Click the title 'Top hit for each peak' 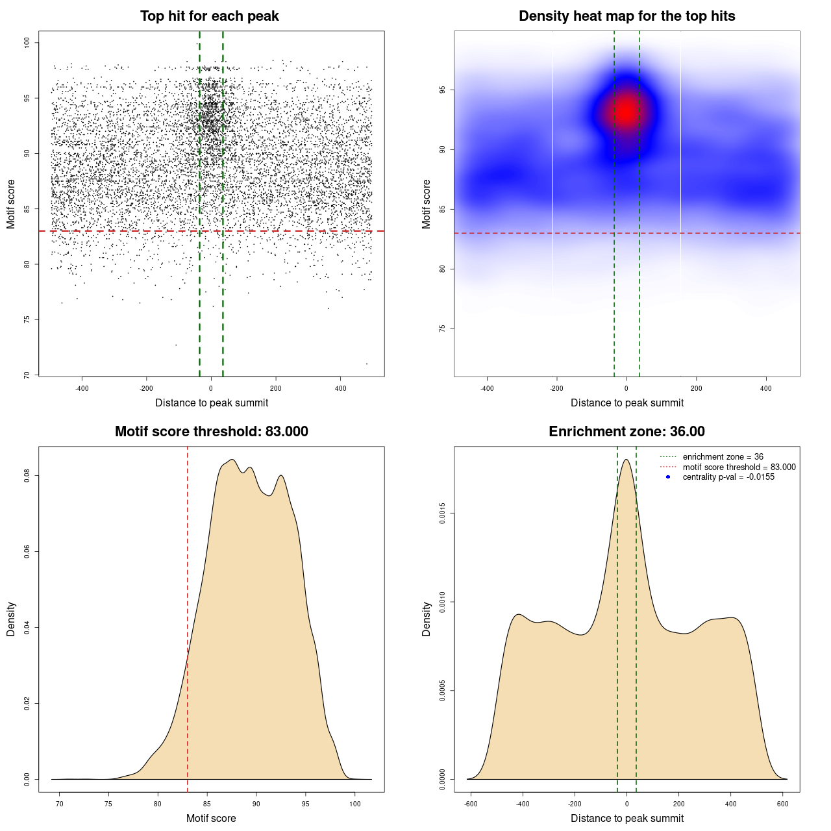point(209,16)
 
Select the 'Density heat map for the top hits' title point(626,16)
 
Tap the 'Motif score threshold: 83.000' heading point(211,432)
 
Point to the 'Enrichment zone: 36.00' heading point(626,432)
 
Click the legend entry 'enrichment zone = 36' point(723,457)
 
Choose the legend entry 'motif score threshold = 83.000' point(739,467)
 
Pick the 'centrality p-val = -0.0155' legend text point(728,477)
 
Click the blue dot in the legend point(668,477)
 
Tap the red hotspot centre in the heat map point(626,112)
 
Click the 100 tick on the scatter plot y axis point(27,43)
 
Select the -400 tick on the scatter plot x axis point(82,388)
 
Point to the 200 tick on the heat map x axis point(696,388)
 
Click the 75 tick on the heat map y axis point(442,329)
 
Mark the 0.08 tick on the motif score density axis point(27,476)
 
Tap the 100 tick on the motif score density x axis point(354,804)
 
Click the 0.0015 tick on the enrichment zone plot point(442,514)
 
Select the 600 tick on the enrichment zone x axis point(782,804)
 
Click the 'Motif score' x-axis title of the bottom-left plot point(211,818)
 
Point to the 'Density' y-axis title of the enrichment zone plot point(427,619)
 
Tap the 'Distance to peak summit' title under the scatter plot point(212,403)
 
